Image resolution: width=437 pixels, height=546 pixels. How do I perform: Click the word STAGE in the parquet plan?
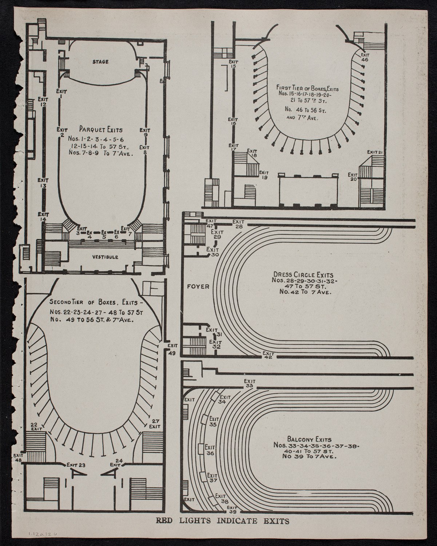100,62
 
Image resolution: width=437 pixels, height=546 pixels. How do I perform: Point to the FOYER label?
198,286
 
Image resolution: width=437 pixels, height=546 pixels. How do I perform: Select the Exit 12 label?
43,102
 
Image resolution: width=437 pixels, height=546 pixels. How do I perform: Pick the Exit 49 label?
173,348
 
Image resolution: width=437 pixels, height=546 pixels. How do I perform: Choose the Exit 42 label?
268,355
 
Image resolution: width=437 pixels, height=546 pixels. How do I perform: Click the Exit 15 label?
233,64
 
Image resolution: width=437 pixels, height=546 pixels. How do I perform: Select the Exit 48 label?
17,458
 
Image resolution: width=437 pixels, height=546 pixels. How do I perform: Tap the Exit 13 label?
43,183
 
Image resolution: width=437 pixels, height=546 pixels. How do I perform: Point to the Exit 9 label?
145,132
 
